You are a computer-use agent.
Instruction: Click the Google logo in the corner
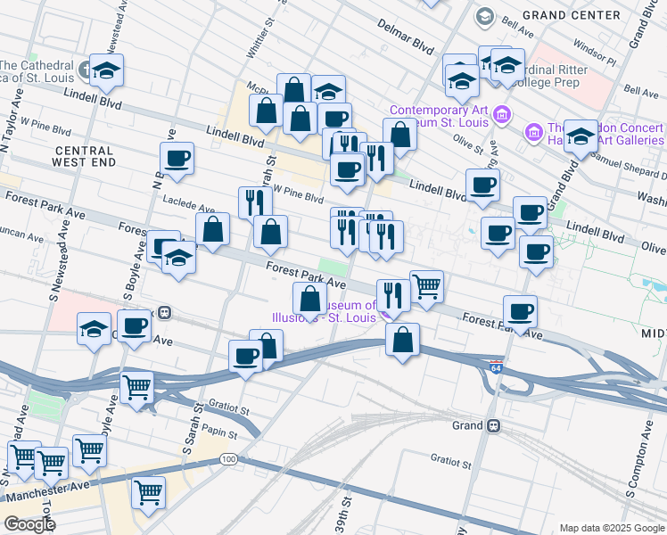tap(29, 524)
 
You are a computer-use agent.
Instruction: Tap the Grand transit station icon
tap(493, 426)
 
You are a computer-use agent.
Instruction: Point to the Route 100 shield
tap(229, 459)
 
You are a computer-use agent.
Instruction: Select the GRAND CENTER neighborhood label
tap(584, 15)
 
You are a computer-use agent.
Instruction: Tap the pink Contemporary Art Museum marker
tap(502, 114)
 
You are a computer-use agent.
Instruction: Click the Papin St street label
tap(218, 433)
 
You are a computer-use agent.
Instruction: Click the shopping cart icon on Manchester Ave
tap(148, 491)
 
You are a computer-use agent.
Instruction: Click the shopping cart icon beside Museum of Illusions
tap(426, 286)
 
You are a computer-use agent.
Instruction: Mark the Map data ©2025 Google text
tap(611, 528)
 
